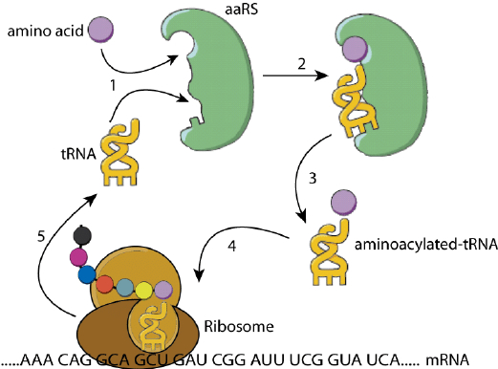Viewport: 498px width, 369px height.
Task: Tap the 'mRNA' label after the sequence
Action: pyautogui.click(x=472, y=360)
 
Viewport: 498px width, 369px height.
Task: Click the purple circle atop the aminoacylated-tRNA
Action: pyautogui.click(x=341, y=202)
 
